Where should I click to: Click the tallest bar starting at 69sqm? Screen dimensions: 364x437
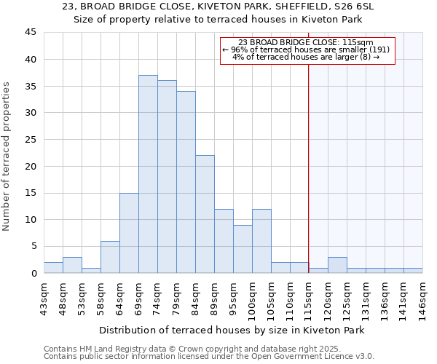[x=148, y=174]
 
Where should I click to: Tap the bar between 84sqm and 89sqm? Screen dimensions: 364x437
[x=205, y=214]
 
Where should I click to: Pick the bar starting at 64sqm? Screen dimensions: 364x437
[x=129, y=233]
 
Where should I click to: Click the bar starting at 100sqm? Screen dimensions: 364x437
[x=261, y=241]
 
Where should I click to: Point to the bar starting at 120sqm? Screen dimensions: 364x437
[x=337, y=265]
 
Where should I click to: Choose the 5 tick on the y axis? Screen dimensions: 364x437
[x=33, y=247]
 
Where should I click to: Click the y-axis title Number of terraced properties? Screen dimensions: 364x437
[x=7, y=156]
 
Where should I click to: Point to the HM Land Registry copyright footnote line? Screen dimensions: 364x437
[x=192, y=349]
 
